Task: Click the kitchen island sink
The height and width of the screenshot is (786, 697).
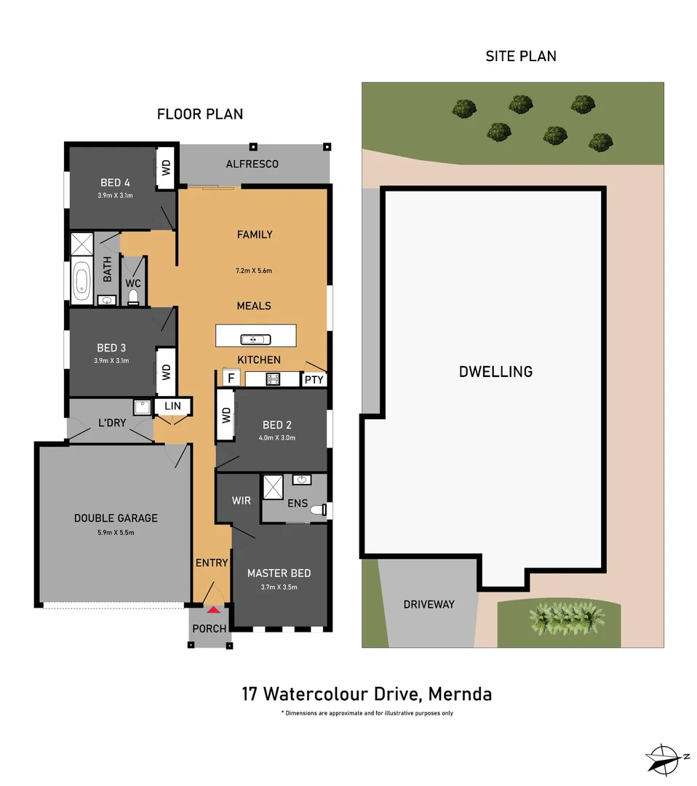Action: point(256,339)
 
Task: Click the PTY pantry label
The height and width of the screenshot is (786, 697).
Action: point(314,379)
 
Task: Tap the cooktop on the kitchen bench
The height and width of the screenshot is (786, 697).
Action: point(274,378)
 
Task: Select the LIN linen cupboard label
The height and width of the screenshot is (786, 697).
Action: point(172,406)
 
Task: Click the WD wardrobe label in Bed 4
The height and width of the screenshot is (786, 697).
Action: point(165,169)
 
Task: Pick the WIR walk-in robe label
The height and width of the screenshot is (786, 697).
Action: point(242,501)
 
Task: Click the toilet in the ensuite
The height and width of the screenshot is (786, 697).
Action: point(319,511)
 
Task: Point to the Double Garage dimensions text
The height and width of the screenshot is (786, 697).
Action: point(116,533)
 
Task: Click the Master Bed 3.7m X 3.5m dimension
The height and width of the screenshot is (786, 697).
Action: point(279,587)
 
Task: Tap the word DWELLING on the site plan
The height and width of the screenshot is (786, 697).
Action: point(495,371)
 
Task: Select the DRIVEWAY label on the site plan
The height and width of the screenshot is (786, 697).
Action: point(429,604)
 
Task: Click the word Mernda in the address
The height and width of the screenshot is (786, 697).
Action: point(460,694)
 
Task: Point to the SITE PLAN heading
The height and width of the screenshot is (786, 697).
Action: point(521,56)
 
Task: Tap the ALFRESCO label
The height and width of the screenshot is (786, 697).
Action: point(252,164)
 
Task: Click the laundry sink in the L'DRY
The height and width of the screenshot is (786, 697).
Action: point(141,407)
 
